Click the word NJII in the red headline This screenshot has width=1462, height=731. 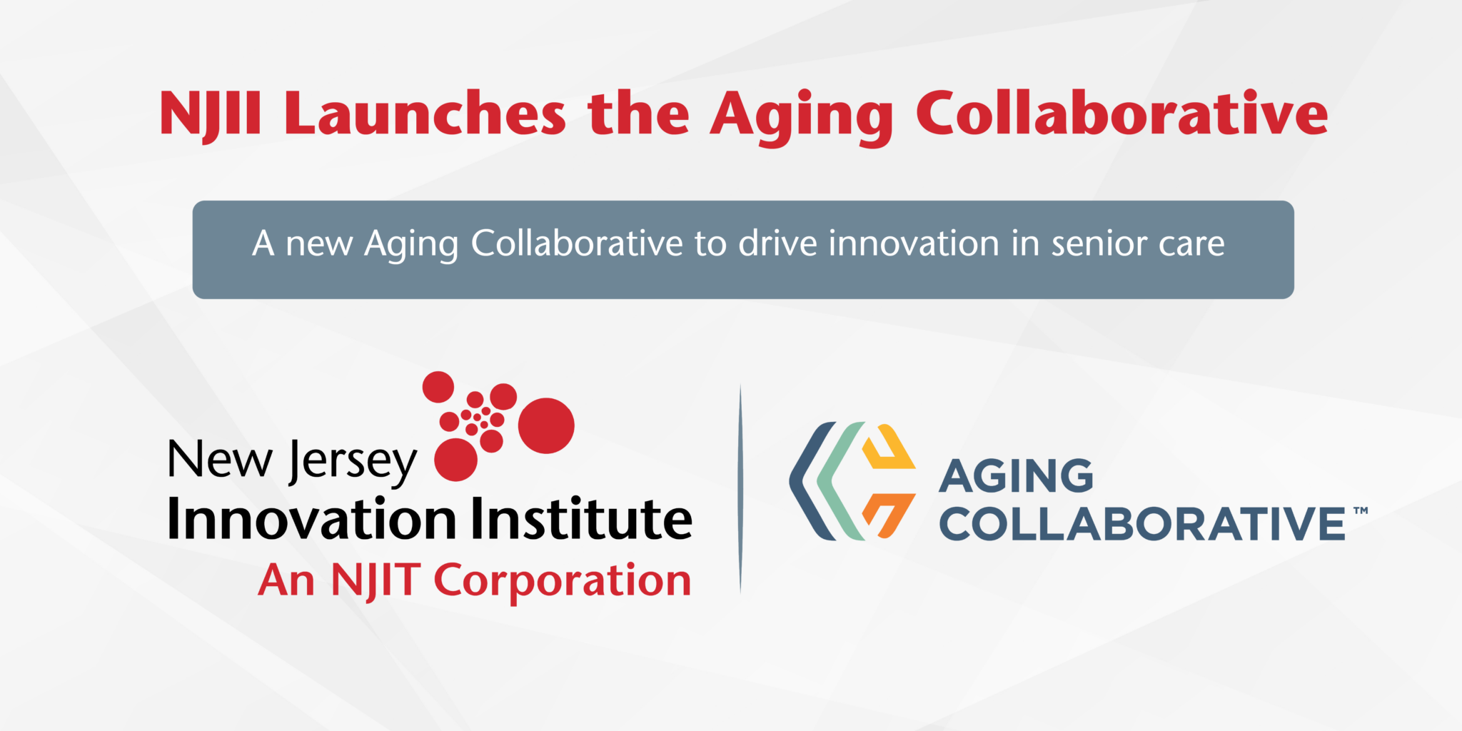[x=211, y=114]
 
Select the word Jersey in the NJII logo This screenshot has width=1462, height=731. [x=353, y=462]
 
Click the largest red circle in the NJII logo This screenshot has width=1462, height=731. [x=546, y=425]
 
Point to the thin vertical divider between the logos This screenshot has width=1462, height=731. [x=740, y=490]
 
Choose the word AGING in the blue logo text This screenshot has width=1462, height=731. [x=1016, y=476]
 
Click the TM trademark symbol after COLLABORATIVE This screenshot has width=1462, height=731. [x=1361, y=510]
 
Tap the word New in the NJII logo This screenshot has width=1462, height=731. [x=220, y=459]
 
